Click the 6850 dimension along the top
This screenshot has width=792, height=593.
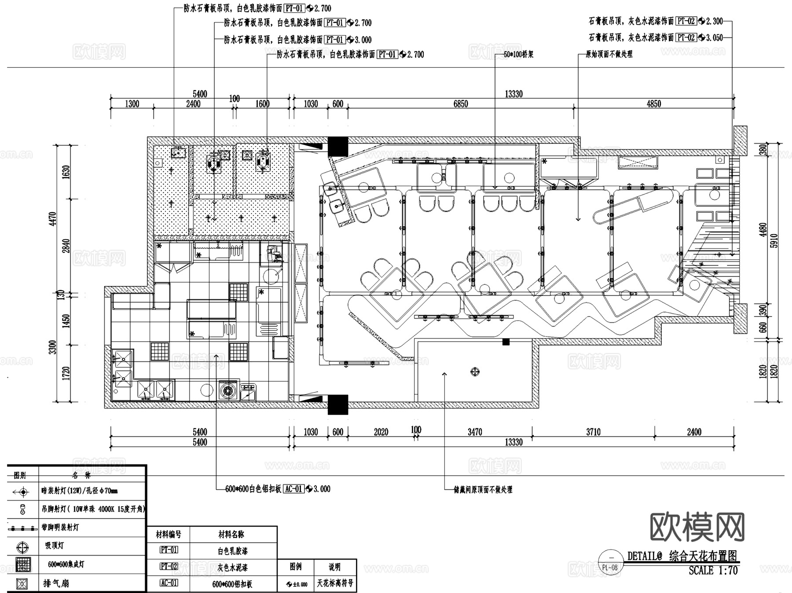click(461, 104)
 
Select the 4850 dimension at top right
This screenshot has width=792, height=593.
click(653, 104)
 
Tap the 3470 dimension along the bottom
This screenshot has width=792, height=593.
click(475, 432)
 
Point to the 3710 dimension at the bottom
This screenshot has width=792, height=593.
click(593, 432)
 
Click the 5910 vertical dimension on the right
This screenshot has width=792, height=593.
click(774, 240)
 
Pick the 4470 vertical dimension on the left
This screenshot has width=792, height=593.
click(53, 219)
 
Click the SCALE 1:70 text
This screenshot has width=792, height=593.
click(713, 571)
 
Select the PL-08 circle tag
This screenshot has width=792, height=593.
click(609, 567)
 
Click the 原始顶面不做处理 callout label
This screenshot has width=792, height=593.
click(609, 54)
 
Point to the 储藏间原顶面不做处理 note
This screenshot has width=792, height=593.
click(483, 490)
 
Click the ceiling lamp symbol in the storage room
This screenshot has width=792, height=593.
click(475, 372)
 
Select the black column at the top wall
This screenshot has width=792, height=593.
click(338, 147)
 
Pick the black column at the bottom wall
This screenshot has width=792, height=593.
click(338, 405)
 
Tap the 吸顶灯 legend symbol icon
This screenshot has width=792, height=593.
click(22, 547)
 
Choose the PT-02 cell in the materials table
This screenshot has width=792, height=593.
click(169, 567)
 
